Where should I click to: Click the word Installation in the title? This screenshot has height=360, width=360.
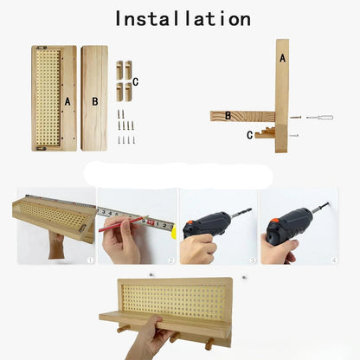click(x=183, y=19)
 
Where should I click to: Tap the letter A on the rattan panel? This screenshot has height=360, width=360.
click(x=67, y=101)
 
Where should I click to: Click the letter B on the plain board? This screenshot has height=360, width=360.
click(x=95, y=101)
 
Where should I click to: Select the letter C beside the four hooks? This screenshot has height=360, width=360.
click(x=136, y=82)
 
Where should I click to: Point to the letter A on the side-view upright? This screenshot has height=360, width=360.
click(x=283, y=59)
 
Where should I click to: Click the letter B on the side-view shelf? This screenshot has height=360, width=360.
click(x=228, y=116)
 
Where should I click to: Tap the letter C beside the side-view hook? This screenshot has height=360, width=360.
click(x=250, y=135)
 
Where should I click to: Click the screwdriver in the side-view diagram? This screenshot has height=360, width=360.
click(x=319, y=118)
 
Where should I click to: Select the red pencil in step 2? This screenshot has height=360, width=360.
click(x=124, y=223)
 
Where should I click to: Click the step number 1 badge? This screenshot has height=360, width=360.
click(x=90, y=260)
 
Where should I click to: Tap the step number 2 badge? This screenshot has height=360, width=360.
click(x=171, y=260)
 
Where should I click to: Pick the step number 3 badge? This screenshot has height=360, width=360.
click(x=253, y=260)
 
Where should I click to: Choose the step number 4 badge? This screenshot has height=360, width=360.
click(x=334, y=260)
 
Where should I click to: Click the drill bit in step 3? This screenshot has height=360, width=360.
click(x=241, y=213)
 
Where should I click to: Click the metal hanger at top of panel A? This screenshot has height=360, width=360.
click(x=42, y=48)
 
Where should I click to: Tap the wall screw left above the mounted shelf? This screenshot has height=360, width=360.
click(x=151, y=275)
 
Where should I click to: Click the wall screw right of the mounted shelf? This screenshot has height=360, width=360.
click(x=244, y=278)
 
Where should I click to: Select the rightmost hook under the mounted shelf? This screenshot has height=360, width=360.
click(x=209, y=344)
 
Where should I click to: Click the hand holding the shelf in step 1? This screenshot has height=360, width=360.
click(x=56, y=246)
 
